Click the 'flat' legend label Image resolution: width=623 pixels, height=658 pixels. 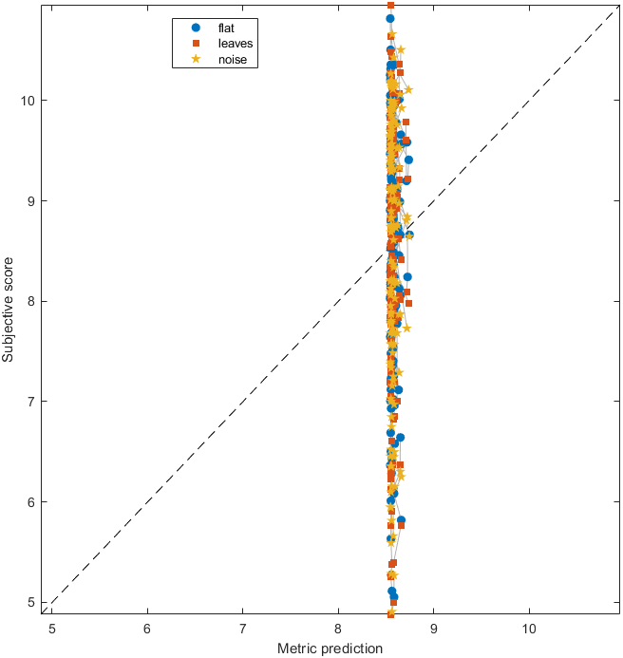(x=227, y=27)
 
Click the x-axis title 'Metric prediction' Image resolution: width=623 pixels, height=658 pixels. (x=330, y=649)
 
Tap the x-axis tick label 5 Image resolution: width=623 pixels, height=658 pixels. (x=51, y=628)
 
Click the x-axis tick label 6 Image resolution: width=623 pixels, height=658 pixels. (x=147, y=628)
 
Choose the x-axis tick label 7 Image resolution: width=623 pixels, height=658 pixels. (x=242, y=628)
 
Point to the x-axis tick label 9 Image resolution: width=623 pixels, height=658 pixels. (x=434, y=628)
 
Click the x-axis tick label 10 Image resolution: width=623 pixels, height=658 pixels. (x=529, y=628)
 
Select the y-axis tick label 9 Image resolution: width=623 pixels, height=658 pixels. (x=32, y=200)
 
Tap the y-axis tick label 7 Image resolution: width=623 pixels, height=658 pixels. (x=32, y=401)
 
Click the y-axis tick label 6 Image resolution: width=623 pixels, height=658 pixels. (x=32, y=501)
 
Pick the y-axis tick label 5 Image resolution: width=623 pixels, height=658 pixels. (x=32, y=602)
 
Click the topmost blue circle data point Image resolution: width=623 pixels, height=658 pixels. (x=390, y=18)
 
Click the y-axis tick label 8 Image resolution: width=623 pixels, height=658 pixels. (x=32, y=301)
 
